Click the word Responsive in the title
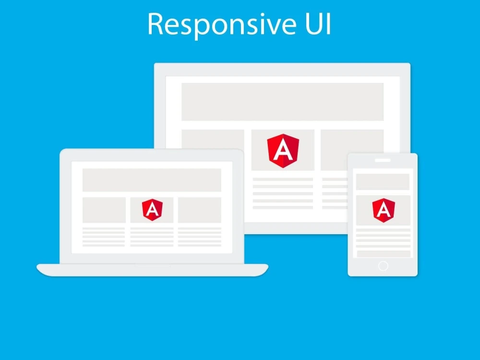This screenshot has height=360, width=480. pos(222,25)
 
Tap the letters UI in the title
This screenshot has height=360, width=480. pos(318,24)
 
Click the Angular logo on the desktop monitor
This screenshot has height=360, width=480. pos(283,151)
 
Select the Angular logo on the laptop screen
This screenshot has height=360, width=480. pos(152,210)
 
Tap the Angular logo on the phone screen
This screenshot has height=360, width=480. pos(383,210)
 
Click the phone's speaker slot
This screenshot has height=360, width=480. pos(383,160)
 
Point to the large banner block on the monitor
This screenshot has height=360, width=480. pos(283,102)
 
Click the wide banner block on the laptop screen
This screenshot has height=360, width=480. pos(152,180)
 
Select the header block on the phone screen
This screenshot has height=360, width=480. pos(383,182)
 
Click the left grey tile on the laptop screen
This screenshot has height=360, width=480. pos(104,210)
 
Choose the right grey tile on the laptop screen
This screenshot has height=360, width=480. pos(200,210)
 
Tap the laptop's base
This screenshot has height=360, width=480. pos(152,270)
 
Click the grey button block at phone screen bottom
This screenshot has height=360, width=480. pos(384,254)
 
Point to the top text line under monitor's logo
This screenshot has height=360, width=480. pos(283,180)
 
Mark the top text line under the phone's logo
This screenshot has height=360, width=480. pos(383,230)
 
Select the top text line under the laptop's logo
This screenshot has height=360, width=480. pos(152,228)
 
